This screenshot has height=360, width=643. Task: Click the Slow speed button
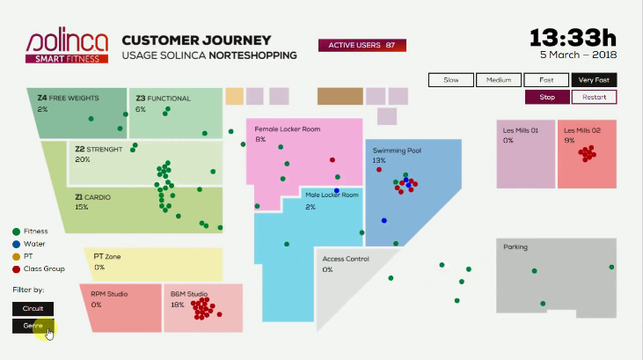click(451, 80)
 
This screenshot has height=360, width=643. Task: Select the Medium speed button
click(499, 80)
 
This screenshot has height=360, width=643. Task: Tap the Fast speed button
click(546, 80)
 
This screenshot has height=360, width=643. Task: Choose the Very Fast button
click(594, 80)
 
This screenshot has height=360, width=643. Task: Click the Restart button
click(594, 97)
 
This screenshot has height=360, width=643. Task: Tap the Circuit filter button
click(33, 309)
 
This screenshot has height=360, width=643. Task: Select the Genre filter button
click(33, 326)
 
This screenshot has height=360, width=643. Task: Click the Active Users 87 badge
click(362, 45)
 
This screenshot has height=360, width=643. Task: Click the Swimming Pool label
click(397, 151)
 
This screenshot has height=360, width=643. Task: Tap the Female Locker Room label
click(287, 129)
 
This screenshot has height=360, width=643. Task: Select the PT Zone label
click(106, 256)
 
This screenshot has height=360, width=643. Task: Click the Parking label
click(515, 247)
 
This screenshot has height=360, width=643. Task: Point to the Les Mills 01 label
click(521, 130)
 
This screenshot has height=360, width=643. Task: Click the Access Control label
click(346, 259)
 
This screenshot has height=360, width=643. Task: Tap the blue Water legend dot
click(17, 243)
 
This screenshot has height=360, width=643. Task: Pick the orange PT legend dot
click(17, 255)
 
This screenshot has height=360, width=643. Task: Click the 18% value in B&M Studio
click(178, 305)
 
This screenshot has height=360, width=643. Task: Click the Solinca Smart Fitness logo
click(67, 47)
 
